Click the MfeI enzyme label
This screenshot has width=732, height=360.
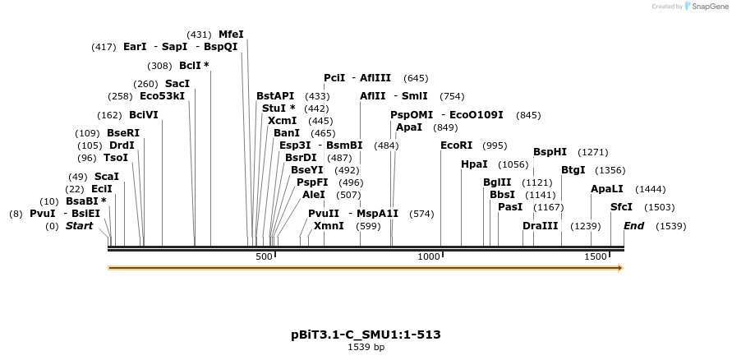point(231,35)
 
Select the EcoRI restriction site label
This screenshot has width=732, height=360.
point(457,145)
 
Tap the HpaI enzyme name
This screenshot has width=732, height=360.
point(474,164)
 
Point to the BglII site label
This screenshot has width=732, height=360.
point(496,182)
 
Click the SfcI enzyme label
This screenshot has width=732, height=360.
point(621,207)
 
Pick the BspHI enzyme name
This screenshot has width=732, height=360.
point(550,152)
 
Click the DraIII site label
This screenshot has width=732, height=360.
point(540,226)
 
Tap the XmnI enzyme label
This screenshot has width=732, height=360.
point(329,226)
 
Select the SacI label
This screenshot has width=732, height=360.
point(177,84)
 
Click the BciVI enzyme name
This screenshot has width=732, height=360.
point(144,115)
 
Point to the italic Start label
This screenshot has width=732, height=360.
point(80,226)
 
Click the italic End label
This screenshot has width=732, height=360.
point(633,226)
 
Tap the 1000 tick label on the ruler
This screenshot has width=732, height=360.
point(430,257)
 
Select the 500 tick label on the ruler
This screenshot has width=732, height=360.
point(263,257)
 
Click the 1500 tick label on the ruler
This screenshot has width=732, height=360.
point(596,257)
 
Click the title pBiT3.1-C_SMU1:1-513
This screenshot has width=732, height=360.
point(366,335)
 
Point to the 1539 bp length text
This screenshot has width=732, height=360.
point(366,348)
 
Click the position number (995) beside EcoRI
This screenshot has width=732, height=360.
point(495,145)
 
